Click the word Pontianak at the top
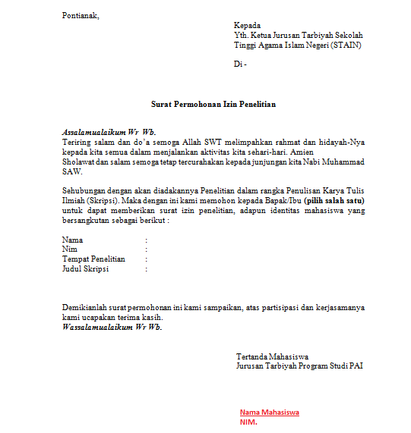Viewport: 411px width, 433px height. pyautogui.click(x=81, y=15)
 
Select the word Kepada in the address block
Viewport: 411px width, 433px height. pyautogui.click(x=248, y=25)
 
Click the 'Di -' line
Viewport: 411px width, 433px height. pyautogui.click(x=240, y=64)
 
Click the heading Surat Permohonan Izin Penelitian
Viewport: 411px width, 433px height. pyautogui.click(x=212, y=104)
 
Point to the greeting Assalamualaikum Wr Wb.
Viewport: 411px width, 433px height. pyautogui.click(x=109, y=131)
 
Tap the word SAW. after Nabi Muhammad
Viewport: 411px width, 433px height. pyautogui.click(x=71, y=171)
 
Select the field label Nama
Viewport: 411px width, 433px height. pyautogui.click(x=73, y=240)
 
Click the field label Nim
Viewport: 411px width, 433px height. pyautogui.click(x=70, y=249)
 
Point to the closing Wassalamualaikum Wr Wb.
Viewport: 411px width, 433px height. pyautogui.click(x=112, y=328)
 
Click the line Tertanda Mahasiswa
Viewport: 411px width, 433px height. pyautogui.click(x=272, y=356)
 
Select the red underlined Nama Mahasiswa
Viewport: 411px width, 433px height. pyautogui.click(x=269, y=413)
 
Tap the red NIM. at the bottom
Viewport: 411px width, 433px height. pyautogui.click(x=248, y=422)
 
